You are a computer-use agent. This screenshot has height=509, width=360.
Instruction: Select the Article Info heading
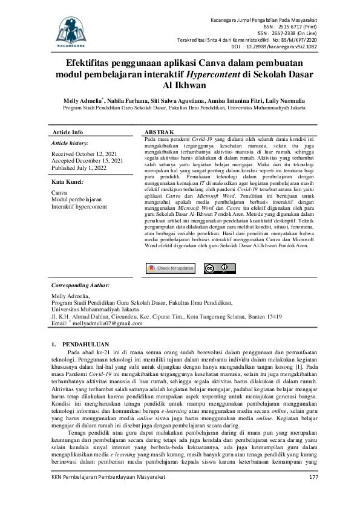(x=68, y=132)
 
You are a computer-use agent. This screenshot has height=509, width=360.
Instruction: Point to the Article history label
(x=70, y=143)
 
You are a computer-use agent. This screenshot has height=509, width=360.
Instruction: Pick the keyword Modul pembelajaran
(x=77, y=199)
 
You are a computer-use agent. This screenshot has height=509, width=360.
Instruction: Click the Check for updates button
(x=171, y=268)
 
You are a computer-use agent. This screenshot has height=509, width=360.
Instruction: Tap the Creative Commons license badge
(x=219, y=268)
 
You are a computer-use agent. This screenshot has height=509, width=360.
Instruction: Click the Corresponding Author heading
(x=80, y=284)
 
